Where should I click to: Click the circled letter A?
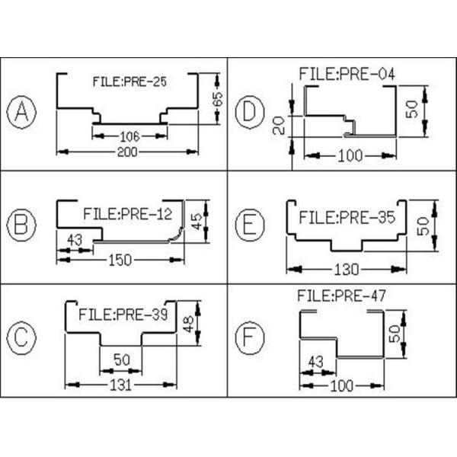pos(22,113)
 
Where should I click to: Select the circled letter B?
pos(22,224)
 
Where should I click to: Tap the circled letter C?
pos(22,337)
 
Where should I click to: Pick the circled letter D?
pos(248,113)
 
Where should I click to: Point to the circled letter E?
pos(248,224)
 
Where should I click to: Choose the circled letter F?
pos(248,337)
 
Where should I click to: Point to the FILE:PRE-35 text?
pos(347,217)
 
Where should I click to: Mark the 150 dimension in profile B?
pos(120,260)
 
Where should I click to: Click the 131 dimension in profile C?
pos(120,385)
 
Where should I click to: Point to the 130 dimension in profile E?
pos(345,269)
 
